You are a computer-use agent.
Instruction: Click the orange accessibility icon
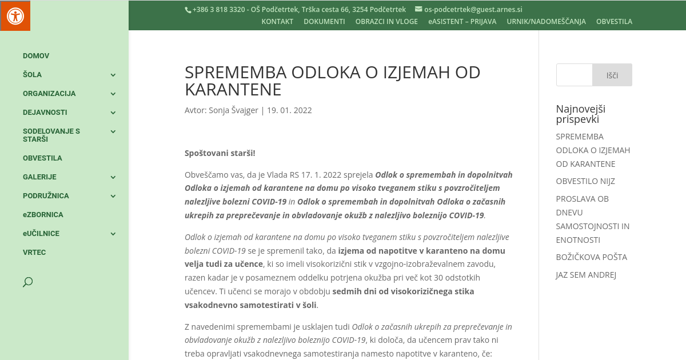click(15, 15)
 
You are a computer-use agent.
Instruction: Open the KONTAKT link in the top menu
click(277, 22)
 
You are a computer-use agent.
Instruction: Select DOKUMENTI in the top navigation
click(324, 22)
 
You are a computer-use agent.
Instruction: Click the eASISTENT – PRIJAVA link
click(462, 22)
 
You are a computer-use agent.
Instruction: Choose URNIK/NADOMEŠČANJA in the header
click(546, 22)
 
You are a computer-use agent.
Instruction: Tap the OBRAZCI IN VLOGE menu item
click(386, 22)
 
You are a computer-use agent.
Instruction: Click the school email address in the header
click(473, 9)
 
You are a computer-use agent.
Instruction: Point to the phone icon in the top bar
click(188, 10)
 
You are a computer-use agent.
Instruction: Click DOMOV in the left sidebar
click(36, 56)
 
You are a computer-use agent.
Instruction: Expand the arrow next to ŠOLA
click(113, 75)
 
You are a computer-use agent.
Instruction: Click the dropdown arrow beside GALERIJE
click(113, 177)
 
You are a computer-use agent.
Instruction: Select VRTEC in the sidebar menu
click(34, 253)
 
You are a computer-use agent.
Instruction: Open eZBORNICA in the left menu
click(43, 215)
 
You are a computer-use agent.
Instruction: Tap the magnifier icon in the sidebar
click(27, 282)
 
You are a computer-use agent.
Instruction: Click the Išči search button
click(612, 75)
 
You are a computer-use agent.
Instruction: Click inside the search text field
click(574, 75)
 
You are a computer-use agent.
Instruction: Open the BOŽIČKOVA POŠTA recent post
click(591, 257)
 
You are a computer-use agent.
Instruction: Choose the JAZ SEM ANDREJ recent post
click(586, 275)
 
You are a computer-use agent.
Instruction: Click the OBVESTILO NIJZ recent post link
click(585, 181)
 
